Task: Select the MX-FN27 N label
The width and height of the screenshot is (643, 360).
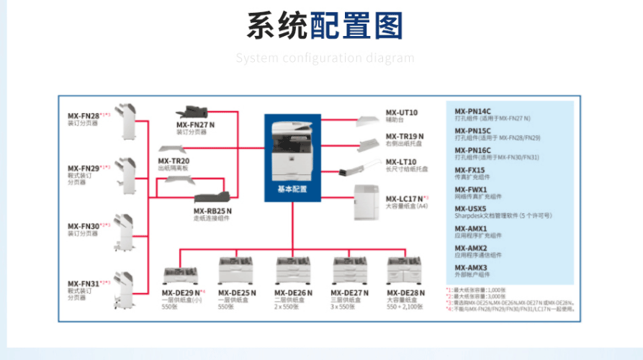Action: pos(195,125)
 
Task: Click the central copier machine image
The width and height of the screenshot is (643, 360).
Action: pos(292,148)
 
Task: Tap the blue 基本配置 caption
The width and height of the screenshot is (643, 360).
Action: pos(292,189)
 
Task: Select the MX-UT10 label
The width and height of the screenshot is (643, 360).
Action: pos(401,112)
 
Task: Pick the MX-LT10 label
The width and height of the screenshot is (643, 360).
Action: pos(401,162)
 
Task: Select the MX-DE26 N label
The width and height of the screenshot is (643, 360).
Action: pos(293,293)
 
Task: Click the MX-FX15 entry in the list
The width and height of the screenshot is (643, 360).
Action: pos(469,171)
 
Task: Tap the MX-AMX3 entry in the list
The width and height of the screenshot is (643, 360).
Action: pos(471,267)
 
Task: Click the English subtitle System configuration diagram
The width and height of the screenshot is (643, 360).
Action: pos(325,58)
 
